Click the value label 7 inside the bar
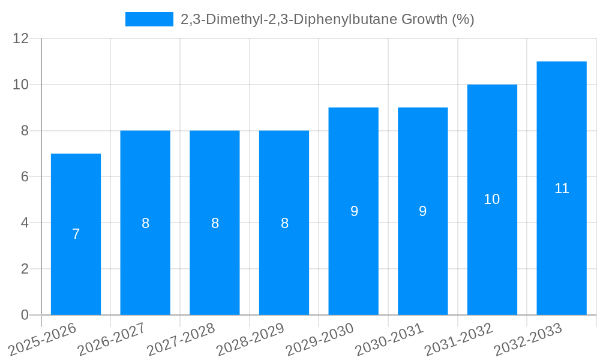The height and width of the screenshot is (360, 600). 76,235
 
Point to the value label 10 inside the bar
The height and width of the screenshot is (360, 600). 492,200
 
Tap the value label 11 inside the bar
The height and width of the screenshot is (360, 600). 562,188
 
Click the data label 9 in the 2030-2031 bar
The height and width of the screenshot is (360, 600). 423,211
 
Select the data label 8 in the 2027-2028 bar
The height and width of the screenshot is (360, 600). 215,223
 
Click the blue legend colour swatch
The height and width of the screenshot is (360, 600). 149,19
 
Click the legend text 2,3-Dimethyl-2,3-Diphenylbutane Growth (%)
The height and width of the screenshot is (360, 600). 328,19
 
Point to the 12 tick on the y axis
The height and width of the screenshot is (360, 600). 21,38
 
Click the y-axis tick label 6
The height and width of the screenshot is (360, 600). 25,177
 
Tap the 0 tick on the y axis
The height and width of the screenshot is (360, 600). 25,315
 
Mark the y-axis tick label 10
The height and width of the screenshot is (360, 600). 21,85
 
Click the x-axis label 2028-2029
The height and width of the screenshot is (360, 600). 250,340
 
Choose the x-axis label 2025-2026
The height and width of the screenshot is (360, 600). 43,340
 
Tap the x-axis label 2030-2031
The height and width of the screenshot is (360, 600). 389,340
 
